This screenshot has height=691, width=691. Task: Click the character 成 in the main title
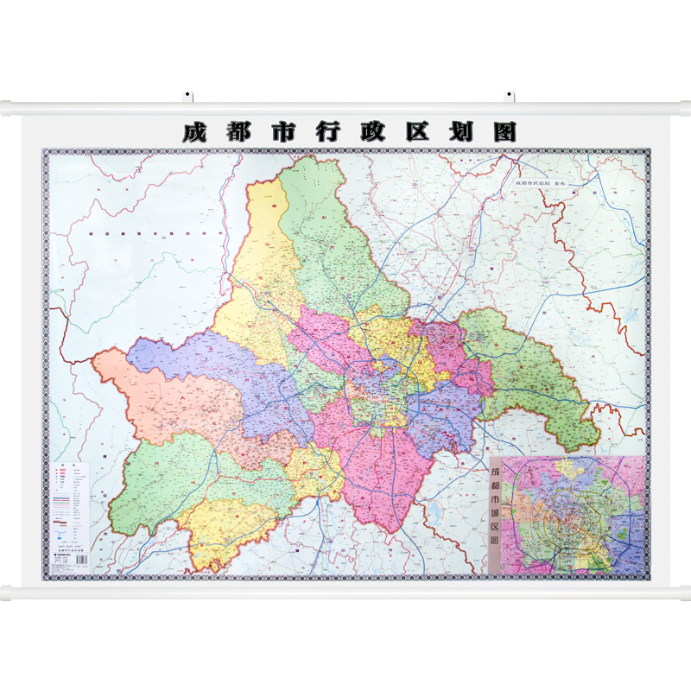(x=194, y=132)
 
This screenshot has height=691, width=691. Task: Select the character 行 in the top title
(x=330, y=132)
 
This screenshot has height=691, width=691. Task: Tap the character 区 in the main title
(x=419, y=132)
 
